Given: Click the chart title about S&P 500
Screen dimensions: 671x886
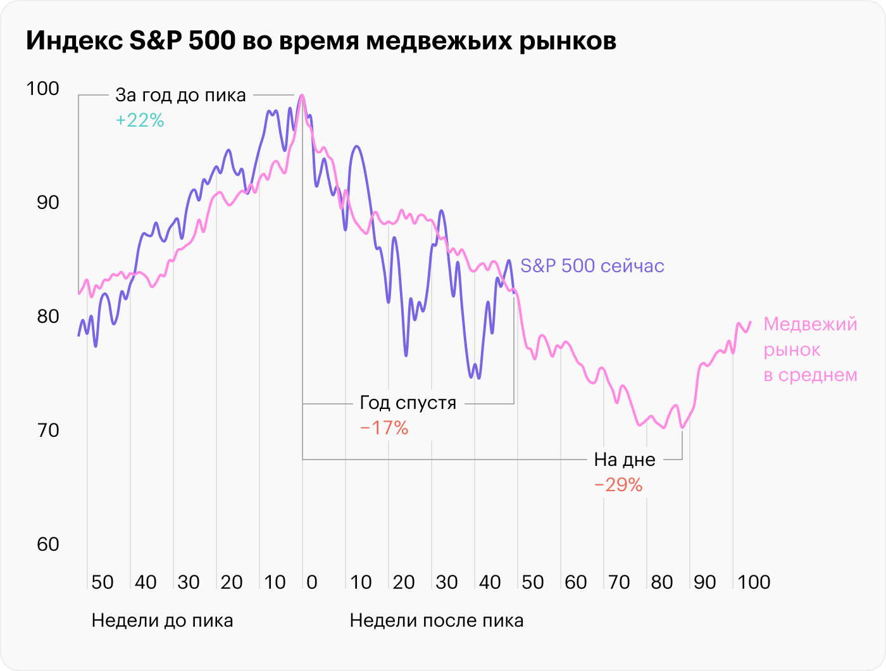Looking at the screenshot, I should tap(321, 41).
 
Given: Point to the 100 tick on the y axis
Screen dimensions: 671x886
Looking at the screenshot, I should tap(42, 89).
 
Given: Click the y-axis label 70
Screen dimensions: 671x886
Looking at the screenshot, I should tap(42, 430).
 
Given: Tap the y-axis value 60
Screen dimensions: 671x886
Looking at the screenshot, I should tap(42, 544).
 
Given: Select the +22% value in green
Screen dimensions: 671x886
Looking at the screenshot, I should tap(140, 120).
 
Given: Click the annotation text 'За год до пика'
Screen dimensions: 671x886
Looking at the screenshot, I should tap(180, 96).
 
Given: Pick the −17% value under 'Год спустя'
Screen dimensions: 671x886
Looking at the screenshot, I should tap(384, 429).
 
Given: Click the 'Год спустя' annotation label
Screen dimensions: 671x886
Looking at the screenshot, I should tap(408, 403).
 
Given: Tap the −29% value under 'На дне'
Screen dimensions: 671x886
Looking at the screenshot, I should tap(618, 485).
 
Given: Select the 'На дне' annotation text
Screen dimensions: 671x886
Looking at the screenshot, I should tap(625, 460).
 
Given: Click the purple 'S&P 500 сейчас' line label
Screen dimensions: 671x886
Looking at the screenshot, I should tap(592, 266).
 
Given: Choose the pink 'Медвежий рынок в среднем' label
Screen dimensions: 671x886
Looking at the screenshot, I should tap(810, 349).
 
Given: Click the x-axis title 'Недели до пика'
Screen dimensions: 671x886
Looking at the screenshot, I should tap(162, 620).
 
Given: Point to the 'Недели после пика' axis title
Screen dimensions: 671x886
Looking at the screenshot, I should tap(437, 620).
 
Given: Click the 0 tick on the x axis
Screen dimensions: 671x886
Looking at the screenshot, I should tap(311, 582).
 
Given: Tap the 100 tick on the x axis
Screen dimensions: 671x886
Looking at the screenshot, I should tap(754, 582).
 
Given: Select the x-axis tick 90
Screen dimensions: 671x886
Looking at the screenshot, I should tap(705, 582).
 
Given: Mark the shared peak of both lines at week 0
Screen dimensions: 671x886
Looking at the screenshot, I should tap(303, 96).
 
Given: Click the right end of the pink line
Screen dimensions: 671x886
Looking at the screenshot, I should tap(751, 322).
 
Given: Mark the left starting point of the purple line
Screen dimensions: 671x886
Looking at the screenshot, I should tap(78, 335).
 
